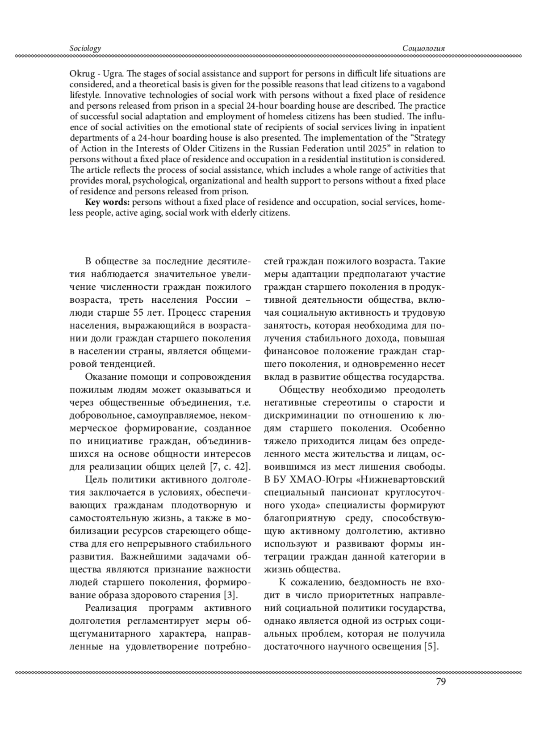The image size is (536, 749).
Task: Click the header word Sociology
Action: pyautogui.click(x=85, y=48)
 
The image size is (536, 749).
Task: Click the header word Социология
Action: pyautogui.click(x=424, y=48)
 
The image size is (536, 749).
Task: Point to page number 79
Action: pyautogui.click(x=440, y=681)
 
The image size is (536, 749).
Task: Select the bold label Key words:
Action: pyautogui.click(x=108, y=202)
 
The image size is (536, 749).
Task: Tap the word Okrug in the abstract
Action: pyautogui.click(x=80, y=73)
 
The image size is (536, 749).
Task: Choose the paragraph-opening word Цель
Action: pyautogui.click(x=94, y=480)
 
